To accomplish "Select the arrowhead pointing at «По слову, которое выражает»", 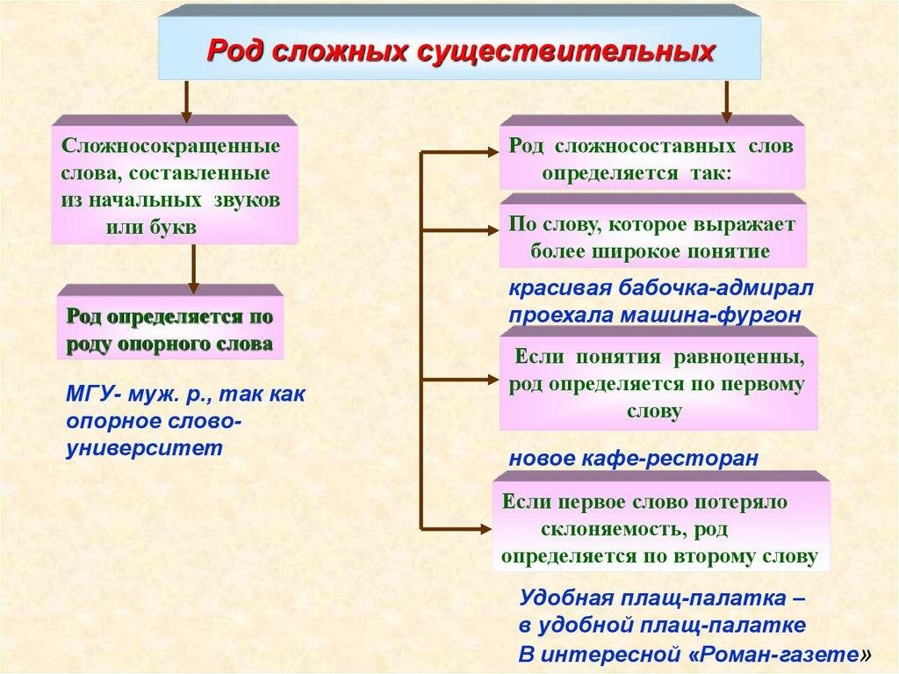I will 489,231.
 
